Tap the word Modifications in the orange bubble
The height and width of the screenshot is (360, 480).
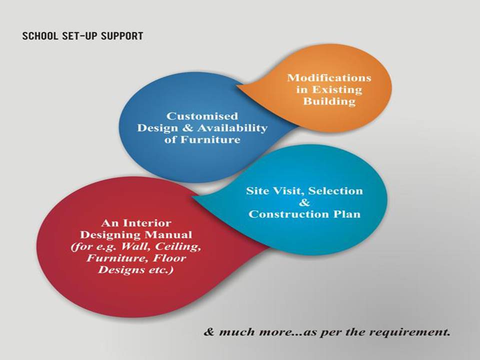coord(329,78)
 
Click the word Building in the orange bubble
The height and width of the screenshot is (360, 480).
coord(329,101)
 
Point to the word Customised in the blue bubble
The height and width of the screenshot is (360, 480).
coord(202,116)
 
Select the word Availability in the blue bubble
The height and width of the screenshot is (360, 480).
coord(232,128)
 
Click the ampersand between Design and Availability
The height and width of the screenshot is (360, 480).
coord(187,128)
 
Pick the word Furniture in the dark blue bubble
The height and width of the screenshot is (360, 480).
coord(210,139)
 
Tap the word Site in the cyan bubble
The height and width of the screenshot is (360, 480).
coord(258,190)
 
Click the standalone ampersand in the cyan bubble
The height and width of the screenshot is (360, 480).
coord(304,202)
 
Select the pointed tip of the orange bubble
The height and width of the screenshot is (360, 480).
coord(236,86)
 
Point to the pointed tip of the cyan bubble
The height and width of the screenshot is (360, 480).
coord(192,197)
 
